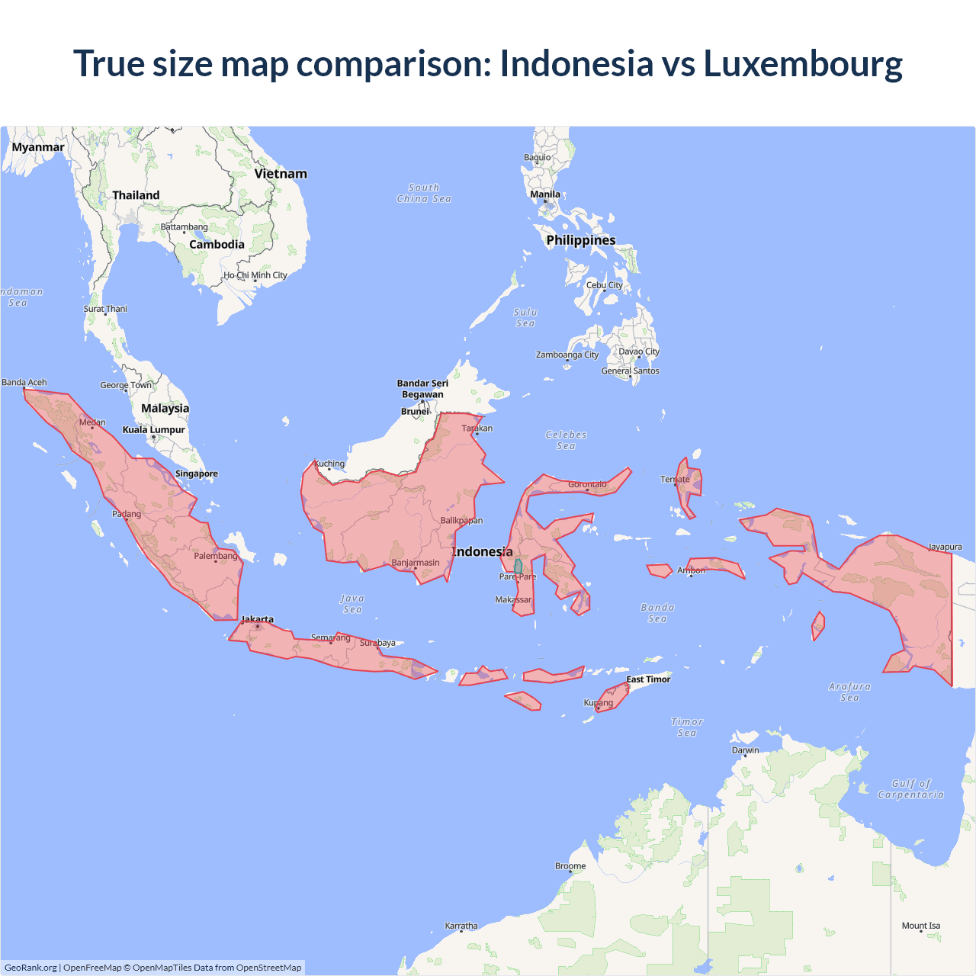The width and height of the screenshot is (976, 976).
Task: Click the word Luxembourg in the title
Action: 803,64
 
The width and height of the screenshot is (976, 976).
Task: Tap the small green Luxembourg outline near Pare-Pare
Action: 518,567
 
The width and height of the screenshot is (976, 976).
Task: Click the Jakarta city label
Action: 258,619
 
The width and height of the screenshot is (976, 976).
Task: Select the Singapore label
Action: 197,474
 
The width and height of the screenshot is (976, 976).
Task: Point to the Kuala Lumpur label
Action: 154,430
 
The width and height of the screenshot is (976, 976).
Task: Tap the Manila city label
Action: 545,194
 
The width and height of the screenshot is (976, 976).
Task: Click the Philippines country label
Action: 581,240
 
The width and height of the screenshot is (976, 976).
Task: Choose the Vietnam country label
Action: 281,174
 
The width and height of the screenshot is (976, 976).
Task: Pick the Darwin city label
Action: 746,750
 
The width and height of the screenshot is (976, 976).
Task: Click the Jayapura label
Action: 945,547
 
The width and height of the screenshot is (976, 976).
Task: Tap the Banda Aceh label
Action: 24,383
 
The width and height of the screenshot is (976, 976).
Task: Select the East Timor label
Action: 649,679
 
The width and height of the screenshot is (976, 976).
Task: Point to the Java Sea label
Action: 352,604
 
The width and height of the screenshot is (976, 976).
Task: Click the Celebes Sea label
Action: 567,440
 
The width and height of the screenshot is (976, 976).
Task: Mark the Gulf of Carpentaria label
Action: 911,789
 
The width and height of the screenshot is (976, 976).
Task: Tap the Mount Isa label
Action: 921,926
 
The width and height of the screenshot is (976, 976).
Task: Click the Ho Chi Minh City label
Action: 255,275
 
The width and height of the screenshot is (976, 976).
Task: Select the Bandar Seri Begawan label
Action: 422,389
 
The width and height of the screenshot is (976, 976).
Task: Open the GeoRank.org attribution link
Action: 30,968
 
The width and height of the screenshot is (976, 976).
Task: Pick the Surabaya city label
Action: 378,643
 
